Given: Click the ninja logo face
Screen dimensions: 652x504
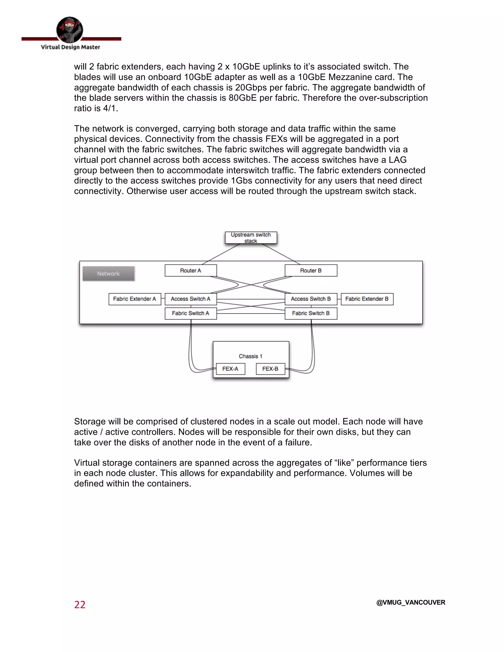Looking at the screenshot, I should click(x=70, y=30).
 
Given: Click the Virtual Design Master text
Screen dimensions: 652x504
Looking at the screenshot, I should click(x=70, y=47).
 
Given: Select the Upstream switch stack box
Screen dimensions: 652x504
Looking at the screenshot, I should click(x=251, y=238).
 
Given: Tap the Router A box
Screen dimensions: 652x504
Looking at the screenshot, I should click(x=190, y=270).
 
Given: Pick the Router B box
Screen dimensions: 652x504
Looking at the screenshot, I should click(x=311, y=270).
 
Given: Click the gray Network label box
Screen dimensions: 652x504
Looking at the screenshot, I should click(x=108, y=273).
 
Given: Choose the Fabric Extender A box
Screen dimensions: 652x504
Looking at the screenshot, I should click(x=135, y=299).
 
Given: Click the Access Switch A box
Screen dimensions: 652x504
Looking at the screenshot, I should click(x=190, y=299).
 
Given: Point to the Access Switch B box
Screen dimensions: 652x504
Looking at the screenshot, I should click(x=311, y=299).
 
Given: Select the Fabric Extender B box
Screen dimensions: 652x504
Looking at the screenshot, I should click(x=367, y=299).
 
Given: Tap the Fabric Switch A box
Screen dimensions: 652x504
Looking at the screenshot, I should click(x=190, y=313).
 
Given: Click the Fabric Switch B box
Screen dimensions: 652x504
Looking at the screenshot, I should click(x=311, y=313).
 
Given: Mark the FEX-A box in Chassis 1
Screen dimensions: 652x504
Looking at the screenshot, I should click(x=230, y=369).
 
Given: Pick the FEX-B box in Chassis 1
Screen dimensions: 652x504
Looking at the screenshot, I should click(x=270, y=369).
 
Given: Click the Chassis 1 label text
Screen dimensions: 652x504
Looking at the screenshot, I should click(x=251, y=356).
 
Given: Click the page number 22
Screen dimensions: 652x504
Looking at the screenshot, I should click(x=80, y=605).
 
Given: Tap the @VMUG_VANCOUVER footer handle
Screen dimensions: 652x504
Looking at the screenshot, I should click(x=410, y=603).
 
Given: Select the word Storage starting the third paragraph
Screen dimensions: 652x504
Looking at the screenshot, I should click(x=90, y=421).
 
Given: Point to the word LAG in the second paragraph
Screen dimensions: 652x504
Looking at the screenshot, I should click(x=397, y=160).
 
